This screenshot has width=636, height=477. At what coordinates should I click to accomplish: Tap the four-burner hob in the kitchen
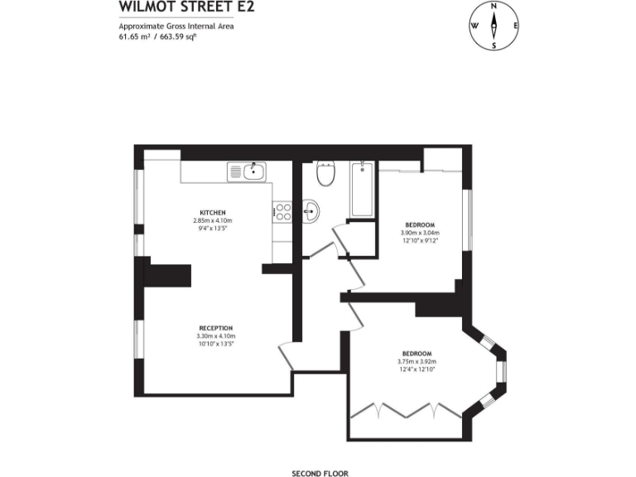pyautogui.click(x=282, y=212)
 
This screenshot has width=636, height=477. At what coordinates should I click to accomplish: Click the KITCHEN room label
pyautogui.click(x=212, y=212)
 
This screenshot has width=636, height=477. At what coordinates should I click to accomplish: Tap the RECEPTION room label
pyautogui.click(x=215, y=327)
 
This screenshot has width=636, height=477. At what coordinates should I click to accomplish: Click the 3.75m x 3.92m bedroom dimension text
pyautogui.click(x=417, y=361)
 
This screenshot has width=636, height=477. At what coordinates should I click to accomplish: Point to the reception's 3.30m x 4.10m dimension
pyautogui.click(x=215, y=335)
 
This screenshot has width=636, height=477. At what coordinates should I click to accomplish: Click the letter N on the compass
pyautogui.click(x=494, y=7)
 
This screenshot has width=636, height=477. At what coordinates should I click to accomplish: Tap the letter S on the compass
pyautogui.click(x=494, y=46)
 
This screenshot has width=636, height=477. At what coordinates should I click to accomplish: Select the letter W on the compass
pyautogui.click(x=475, y=26)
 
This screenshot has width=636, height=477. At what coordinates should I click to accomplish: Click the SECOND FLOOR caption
pyautogui.click(x=320, y=474)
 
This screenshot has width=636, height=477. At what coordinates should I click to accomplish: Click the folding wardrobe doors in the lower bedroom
pyautogui.click(x=405, y=411)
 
